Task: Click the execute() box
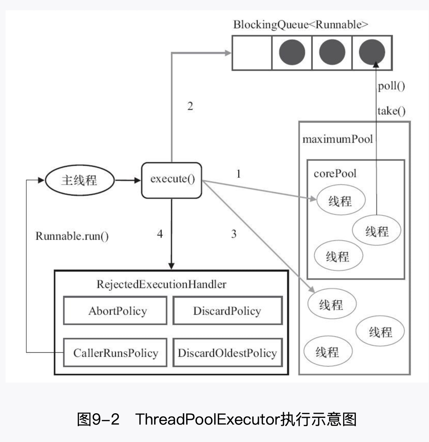point(171,180)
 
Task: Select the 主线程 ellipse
point(79,180)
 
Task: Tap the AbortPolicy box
point(115,311)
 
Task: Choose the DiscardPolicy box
point(227,311)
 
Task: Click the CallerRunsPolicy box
point(115,353)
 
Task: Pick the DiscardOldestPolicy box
point(227,353)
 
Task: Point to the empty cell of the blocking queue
point(252,53)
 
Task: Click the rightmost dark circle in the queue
point(372,52)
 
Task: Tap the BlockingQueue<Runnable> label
point(300,25)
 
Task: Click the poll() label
point(391,86)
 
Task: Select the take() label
point(391,111)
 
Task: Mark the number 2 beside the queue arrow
point(190,106)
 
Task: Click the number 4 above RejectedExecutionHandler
point(160,234)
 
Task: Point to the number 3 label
point(234,234)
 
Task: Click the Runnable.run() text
point(72,236)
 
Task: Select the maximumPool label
point(337,139)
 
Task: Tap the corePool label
point(335,173)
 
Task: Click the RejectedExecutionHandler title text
point(161,284)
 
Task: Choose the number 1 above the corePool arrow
point(238,174)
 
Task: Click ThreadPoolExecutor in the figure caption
point(207,419)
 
